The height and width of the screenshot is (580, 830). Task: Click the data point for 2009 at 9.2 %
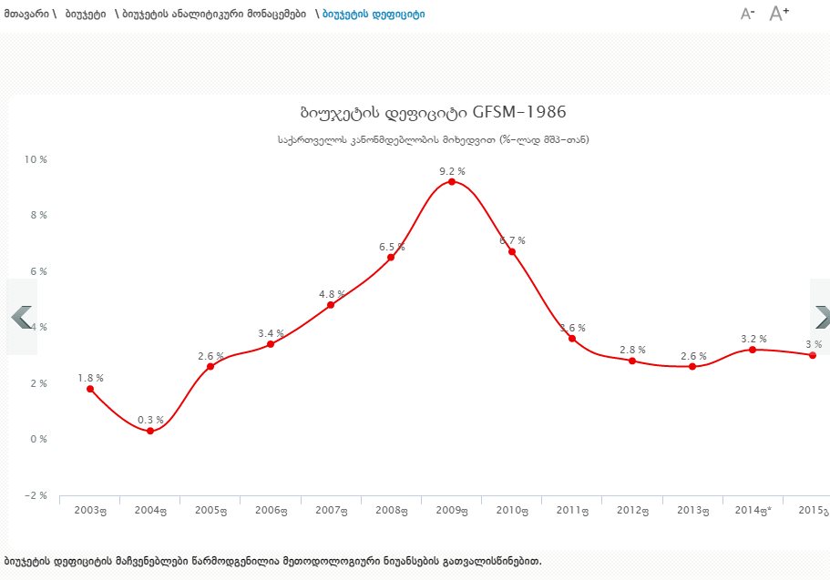[x=451, y=182]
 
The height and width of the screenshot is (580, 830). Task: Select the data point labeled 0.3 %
[x=150, y=431]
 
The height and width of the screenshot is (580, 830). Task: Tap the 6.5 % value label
[x=392, y=247]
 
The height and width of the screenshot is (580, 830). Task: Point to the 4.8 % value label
[x=332, y=294]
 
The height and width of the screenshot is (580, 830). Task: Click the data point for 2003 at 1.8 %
[x=90, y=389]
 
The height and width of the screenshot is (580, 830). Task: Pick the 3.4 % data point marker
[x=271, y=344]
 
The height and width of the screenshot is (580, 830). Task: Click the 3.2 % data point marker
[x=753, y=350]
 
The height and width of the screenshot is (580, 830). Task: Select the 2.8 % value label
[x=632, y=350]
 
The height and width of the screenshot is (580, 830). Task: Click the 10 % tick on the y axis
[x=36, y=159]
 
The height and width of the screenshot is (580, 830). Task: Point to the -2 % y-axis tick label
[x=36, y=495]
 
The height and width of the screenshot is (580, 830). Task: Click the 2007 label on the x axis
[x=331, y=511]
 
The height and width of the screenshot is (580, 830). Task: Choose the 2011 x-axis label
[x=571, y=511]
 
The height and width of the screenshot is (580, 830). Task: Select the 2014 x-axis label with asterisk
[x=753, y=511]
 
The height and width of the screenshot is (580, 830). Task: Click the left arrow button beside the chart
[x=21, y=316]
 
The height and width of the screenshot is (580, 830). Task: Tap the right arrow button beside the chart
[x=821, y=316]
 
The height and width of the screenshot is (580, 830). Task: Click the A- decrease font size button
[x=748, y=14]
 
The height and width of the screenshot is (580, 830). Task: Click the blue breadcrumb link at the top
[x=374, y=15]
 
